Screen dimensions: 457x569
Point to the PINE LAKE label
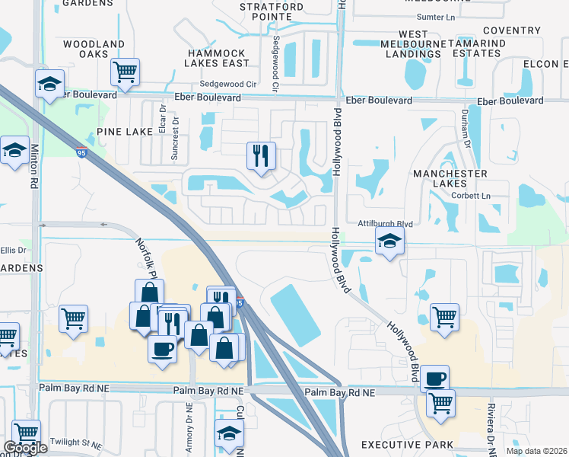[x=126, y=132]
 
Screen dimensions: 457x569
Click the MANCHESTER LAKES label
[x=450, y=178]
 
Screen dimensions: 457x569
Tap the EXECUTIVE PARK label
[x=407, y=445]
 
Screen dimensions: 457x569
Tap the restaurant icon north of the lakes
[x=261, y=156]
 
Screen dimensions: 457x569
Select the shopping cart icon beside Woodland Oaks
[x=126, y=73]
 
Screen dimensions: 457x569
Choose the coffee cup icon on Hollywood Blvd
[x=434, y=378]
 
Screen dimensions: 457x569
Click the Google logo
[x=25, y=448]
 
